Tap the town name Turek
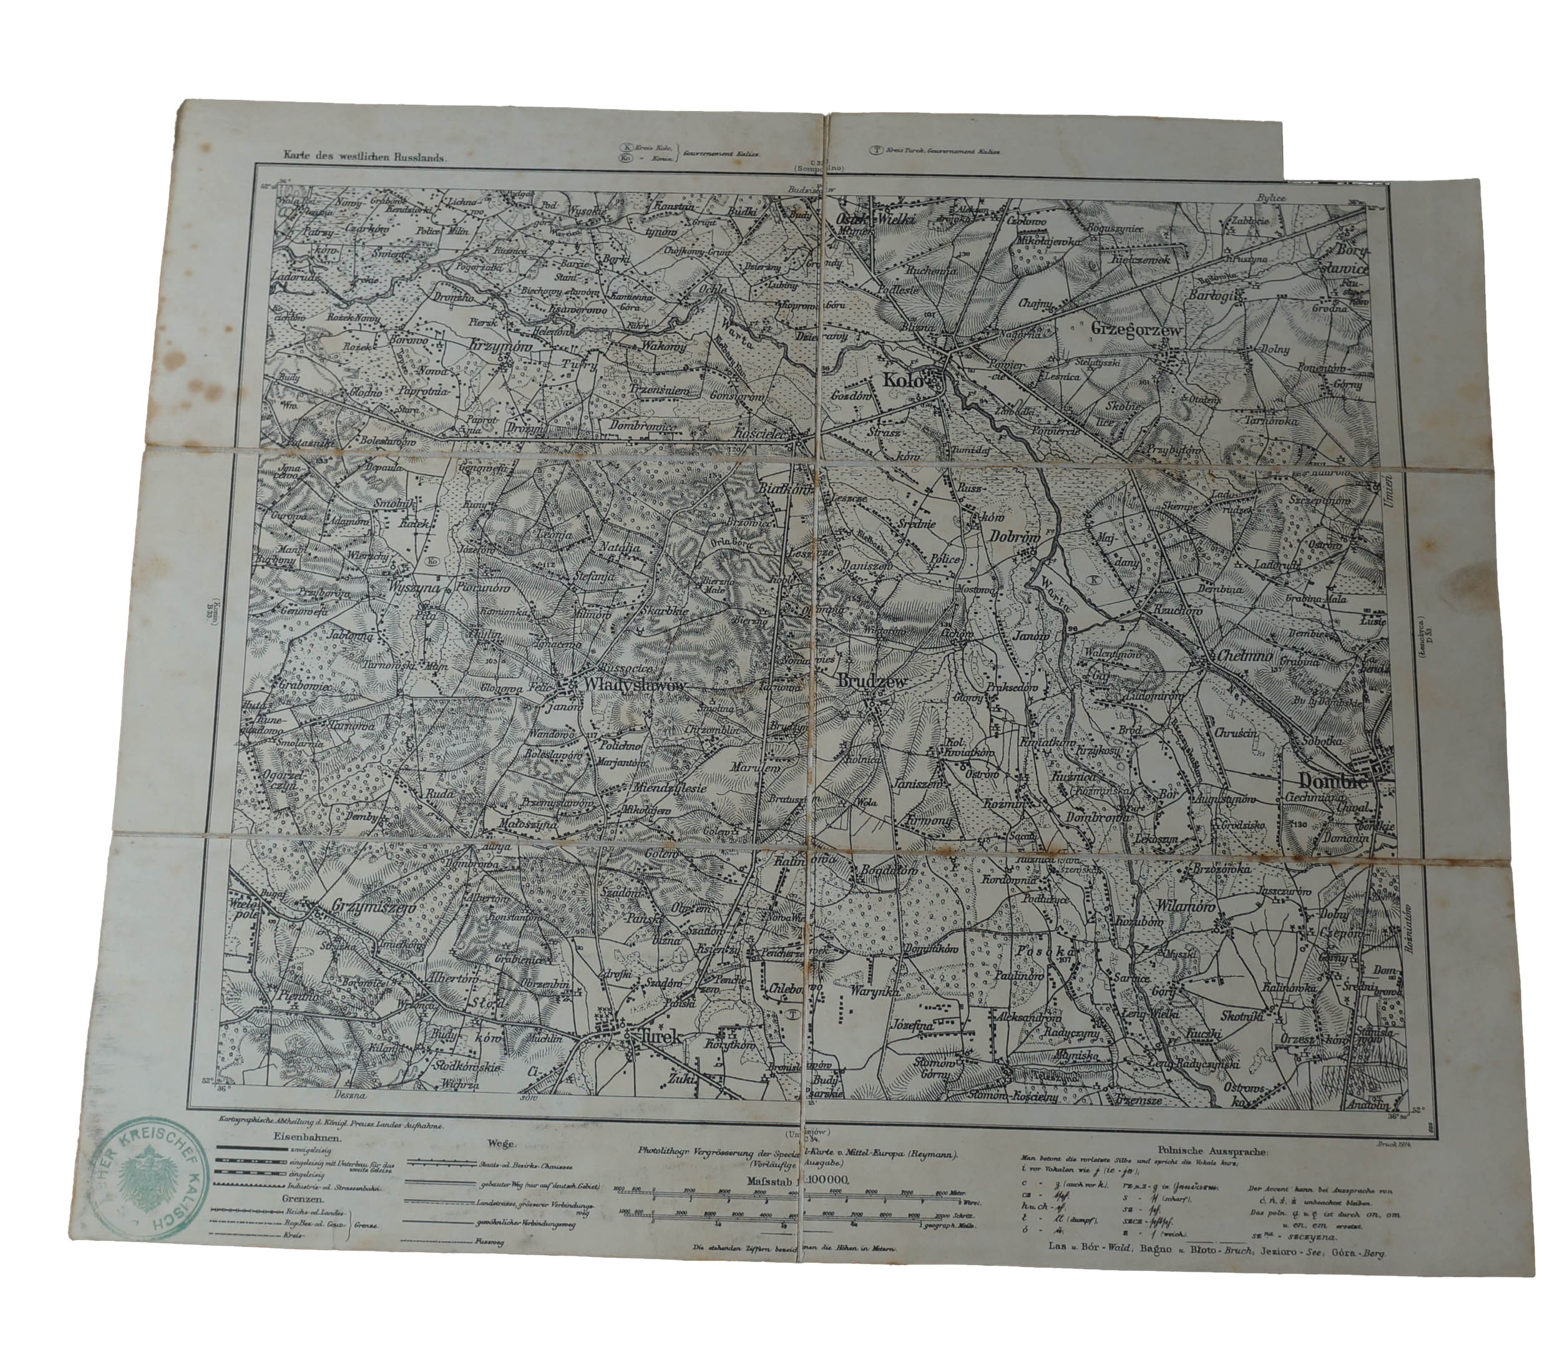coord(660,1037)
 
